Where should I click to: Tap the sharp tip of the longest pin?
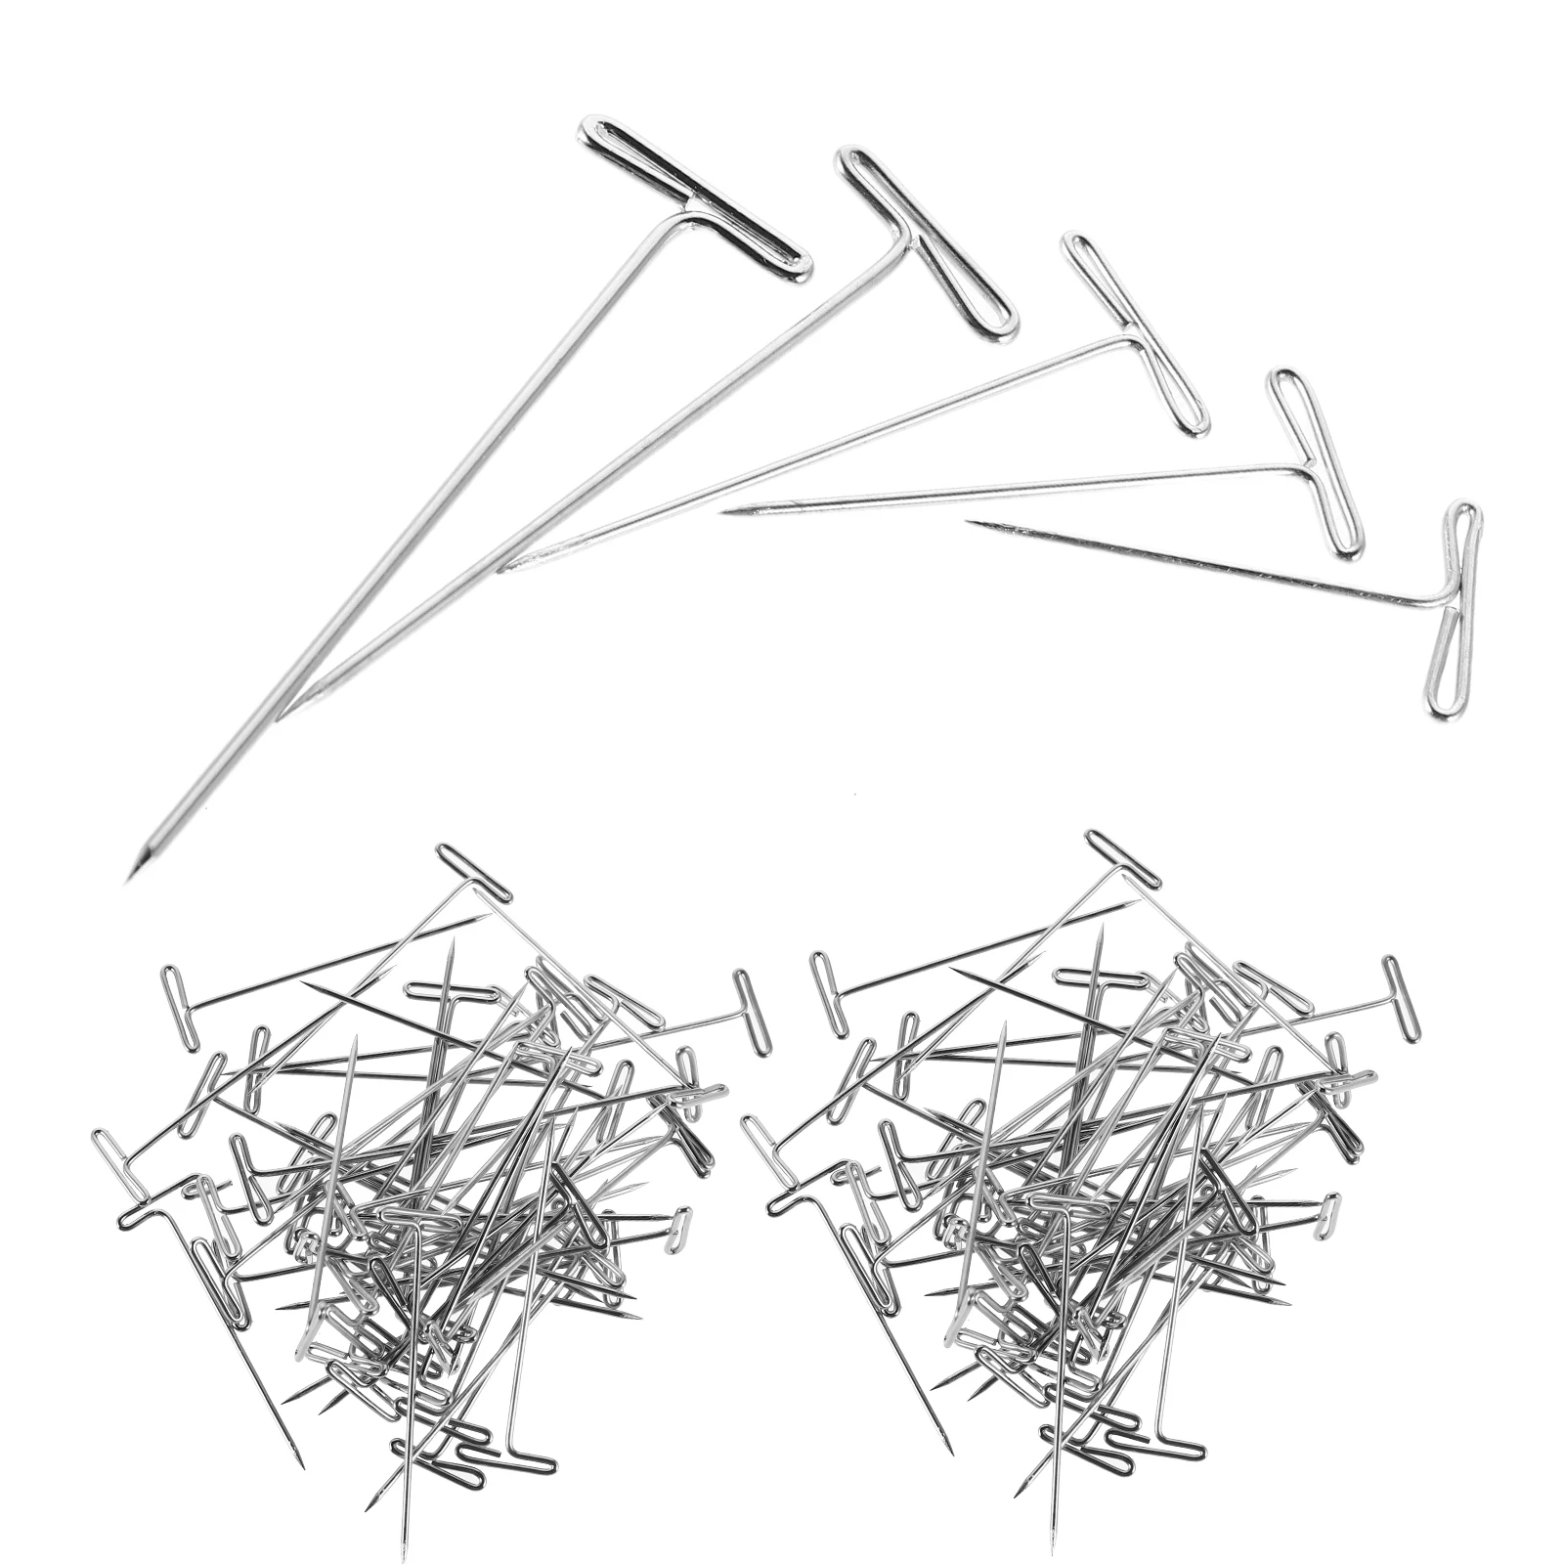click(130, 878)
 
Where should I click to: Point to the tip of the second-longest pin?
click(281, 718)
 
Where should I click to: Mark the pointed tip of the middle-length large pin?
click(500, 571)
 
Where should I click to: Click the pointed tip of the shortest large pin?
click(968, 524)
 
